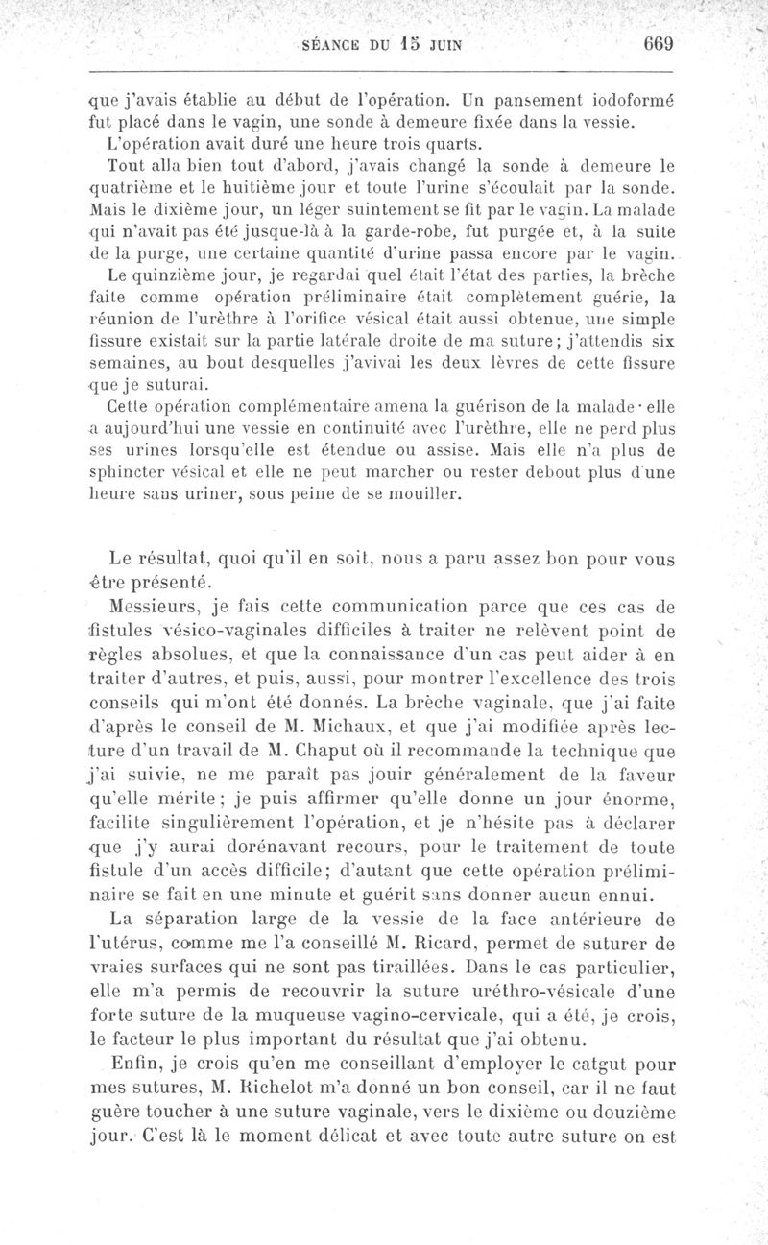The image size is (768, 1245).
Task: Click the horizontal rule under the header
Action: point(383,70)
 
